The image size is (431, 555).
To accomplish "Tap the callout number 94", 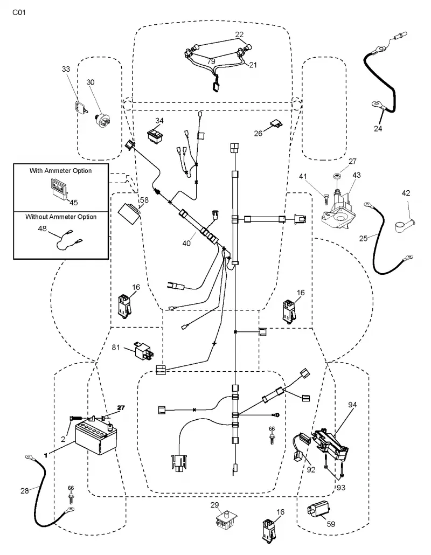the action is click(352, 405).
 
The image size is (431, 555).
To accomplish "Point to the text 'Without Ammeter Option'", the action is click(61, 217).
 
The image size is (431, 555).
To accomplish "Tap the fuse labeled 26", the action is click(276, 123).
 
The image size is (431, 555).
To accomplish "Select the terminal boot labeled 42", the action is click(405, 225).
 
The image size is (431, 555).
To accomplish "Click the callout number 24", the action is click(378, 128).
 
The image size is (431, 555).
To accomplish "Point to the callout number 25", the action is click(364, 239).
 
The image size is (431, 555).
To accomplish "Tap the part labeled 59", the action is click(318, 511).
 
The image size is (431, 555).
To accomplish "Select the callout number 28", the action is click(24, 490).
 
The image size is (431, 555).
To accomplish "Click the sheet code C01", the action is click(19, 13).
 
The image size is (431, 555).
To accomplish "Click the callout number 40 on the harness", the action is click(186, 243).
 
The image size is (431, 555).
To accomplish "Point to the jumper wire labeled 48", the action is click(69, 240).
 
